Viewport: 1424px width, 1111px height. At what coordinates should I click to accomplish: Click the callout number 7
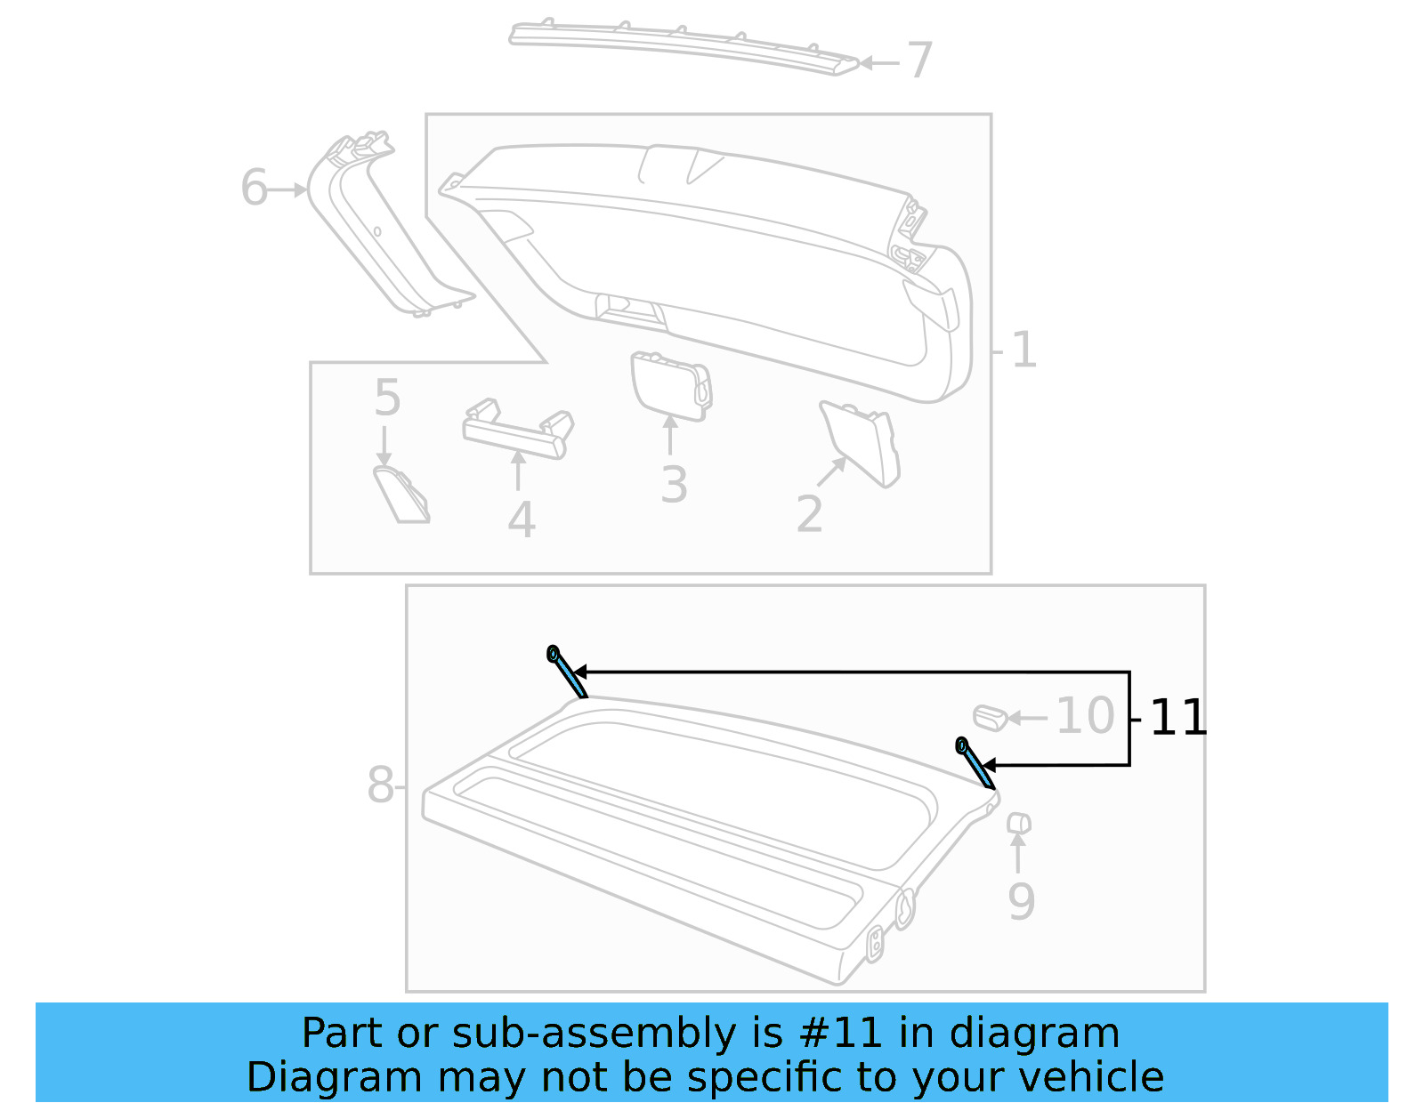pyautogui.click(x=919, y=60)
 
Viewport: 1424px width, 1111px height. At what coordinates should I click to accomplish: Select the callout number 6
pyautogui.click(x=254, y=189)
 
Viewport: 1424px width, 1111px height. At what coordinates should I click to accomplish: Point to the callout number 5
pyautogui.click(x=387, y=398)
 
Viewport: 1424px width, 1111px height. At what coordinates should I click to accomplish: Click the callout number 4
pyautogui.click(x=522, y=520)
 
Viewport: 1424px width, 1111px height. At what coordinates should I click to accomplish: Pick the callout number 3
pyautogui.click(x=674, y=486)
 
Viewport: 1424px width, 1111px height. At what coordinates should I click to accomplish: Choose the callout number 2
pyautogui.click(x=809, y=514)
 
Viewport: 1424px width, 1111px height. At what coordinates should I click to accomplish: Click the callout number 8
pyautogui.click(x=380, y=785)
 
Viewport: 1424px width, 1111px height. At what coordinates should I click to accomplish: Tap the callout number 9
pyautogui.click(x=1021, y=901)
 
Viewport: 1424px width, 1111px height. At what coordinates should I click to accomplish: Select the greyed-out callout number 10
pyautogui.click(x=1085, y=716)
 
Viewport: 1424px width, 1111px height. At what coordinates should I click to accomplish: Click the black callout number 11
pyautogui.click(x=1178, y=718)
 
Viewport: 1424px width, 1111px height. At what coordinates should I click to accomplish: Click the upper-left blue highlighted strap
pyautogui.click(x=567, y=672)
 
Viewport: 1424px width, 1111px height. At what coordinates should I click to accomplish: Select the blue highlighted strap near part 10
pyautogui.click(x=975, y=763)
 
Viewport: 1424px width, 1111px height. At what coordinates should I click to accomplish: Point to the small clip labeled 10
pyautogui.click(x=989, y=717)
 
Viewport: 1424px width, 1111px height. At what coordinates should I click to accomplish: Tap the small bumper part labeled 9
pyautogui.click(x=1018, y=823)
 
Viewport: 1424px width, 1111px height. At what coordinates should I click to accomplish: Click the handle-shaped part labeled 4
pyautogui.click(x=516, y=431)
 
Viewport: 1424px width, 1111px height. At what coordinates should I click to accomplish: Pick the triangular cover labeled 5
pyautogui.click(x=401, y=495)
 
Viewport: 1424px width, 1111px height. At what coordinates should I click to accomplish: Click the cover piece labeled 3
pyautogui.click(x=670, y=384)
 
